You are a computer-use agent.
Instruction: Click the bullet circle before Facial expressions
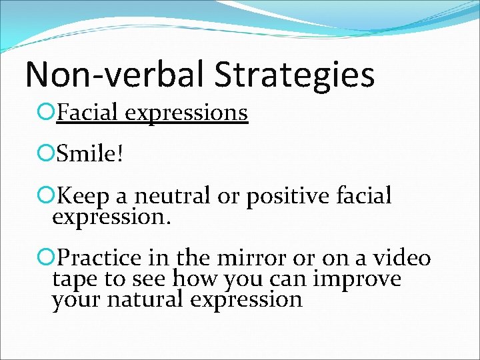click(x=46, y=113)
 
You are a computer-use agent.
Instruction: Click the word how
click(x=194, y=279)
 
